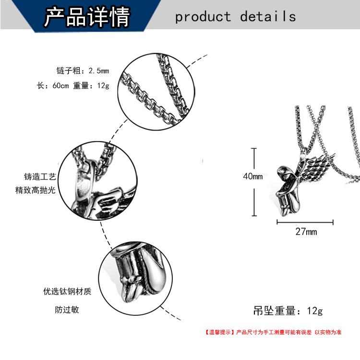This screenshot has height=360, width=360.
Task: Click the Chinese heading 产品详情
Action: [87, 16]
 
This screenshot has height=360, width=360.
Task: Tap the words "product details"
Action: [235, 17]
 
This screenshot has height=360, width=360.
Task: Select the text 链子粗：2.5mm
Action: [83, 71]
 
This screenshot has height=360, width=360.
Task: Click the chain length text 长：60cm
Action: [53, 86]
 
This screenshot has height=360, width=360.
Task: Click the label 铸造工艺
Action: [40, 176]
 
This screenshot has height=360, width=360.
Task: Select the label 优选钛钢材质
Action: [67, 291]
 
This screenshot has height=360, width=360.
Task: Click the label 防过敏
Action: [67, 310]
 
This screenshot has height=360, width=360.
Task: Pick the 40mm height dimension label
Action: [252, 176]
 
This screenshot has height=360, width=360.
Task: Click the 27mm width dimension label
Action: [306, 232]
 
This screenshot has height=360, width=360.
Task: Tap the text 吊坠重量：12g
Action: [288, 311]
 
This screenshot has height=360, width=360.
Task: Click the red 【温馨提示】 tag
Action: [217, 332]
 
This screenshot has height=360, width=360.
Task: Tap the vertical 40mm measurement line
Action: [254, 182]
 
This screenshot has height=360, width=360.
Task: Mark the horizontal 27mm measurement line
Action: [305, 222]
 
